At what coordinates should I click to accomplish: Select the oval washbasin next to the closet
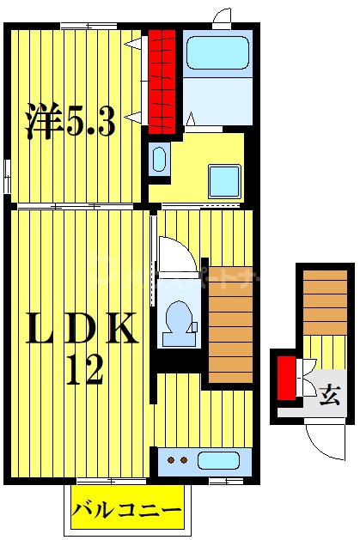click(x=159, y=158)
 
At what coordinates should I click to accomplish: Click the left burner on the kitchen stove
click(x=170, y=461)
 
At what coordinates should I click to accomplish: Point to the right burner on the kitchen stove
click(x=183, y=461)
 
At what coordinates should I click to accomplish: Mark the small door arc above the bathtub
click(x=223, y=17)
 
